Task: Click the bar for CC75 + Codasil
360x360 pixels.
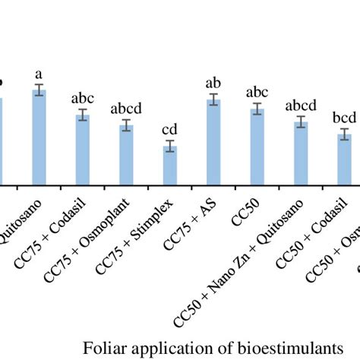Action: point(82,150)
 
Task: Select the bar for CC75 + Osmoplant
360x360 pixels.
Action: point(126,155)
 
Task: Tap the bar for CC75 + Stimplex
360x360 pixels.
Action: point(170,165)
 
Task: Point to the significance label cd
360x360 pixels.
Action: point(170,128)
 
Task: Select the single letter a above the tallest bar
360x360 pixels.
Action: point(38,74)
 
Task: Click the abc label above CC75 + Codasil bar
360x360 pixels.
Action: point(82,98)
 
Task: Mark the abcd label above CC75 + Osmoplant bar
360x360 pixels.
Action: point(126,108)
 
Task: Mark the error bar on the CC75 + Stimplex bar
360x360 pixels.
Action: point(170,147)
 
